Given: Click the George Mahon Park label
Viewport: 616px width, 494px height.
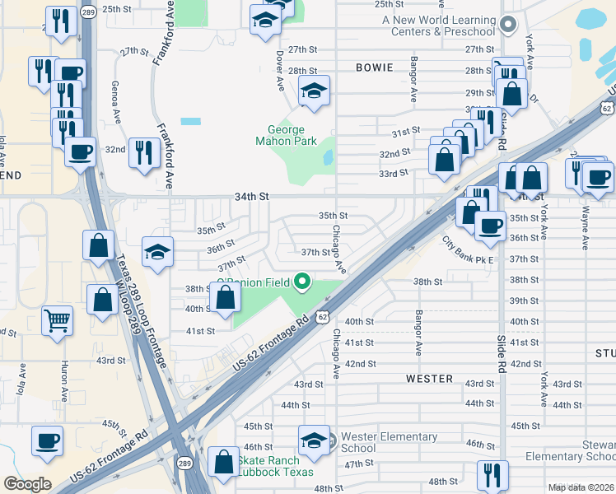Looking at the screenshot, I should [286, 136].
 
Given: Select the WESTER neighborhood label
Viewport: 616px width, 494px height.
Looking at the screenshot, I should [429, 379].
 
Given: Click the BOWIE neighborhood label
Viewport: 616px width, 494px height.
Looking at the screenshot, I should [375, 67].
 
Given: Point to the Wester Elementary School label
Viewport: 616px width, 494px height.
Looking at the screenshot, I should [389, 442].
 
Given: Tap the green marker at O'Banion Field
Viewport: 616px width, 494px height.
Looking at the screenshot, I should [302, 282].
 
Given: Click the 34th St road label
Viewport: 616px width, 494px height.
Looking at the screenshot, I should [253, 197].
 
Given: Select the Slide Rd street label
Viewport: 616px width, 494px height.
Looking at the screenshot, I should [501, 355].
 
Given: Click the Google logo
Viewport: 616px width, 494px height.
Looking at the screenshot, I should [27, 484].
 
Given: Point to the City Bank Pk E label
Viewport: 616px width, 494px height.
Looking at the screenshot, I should [467, 250].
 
